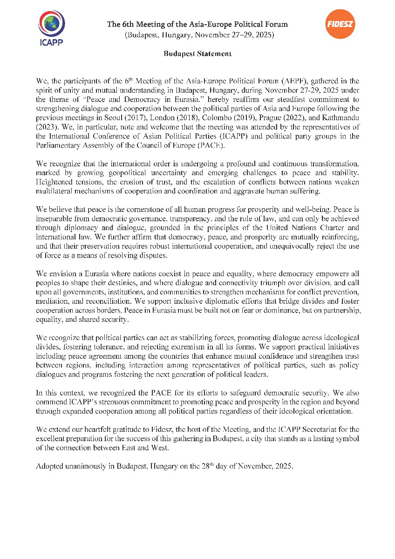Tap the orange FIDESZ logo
coord(340,24)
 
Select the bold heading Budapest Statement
coord(197,54)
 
